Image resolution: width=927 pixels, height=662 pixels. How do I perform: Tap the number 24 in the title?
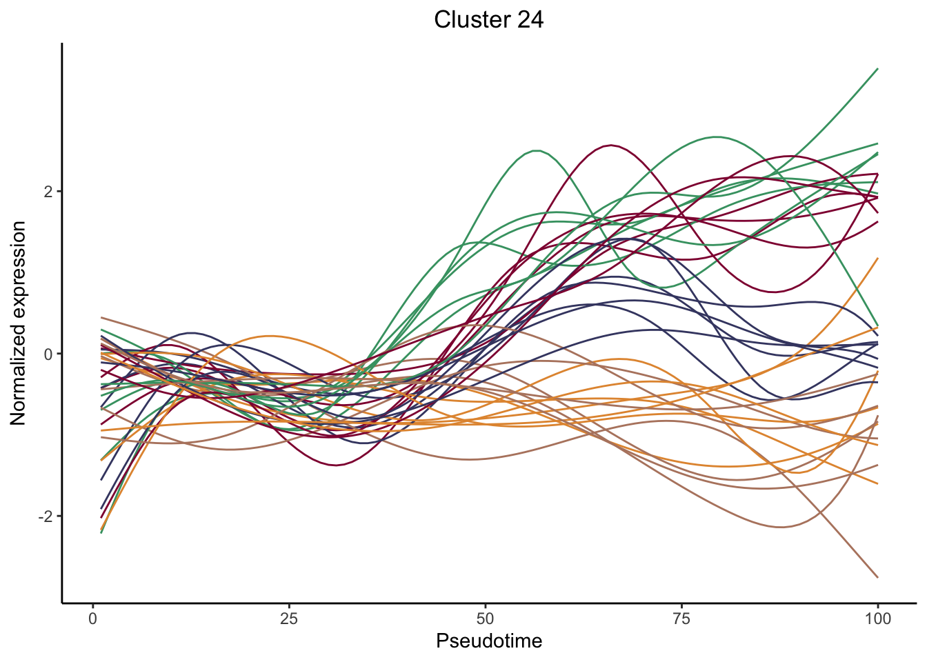[528, 20]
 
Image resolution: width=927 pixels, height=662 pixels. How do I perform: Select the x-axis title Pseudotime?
[489, 641]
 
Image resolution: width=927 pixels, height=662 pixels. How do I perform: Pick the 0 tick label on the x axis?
[93, 619]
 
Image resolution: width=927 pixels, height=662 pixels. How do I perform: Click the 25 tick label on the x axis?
[289, 619]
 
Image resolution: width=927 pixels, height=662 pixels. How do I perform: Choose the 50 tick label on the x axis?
[486, 619]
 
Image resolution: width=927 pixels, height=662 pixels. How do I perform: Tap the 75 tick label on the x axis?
[681, 619]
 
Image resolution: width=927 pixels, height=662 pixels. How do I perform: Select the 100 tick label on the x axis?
[877, 619]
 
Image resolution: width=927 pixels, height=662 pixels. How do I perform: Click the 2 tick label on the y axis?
[49, 191]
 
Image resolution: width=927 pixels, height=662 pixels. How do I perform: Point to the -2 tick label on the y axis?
[46, 516]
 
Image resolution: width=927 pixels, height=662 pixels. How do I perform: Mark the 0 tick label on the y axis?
[49, 354]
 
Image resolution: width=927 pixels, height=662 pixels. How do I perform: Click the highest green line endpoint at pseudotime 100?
[877, 68]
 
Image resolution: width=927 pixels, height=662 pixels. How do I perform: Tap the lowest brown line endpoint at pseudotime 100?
[877, 577]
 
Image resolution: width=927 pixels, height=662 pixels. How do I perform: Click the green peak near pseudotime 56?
[536, 150]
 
